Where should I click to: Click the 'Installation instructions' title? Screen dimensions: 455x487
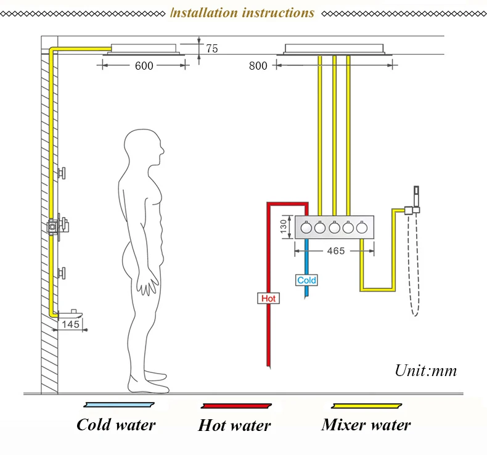point(242,13)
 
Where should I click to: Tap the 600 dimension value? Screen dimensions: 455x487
point(144,66)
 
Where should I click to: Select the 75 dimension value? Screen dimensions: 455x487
point(212,49)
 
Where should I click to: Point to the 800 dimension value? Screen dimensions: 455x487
point(258,65)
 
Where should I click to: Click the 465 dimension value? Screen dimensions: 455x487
point(335,251)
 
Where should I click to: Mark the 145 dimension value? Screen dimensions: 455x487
point(71,324)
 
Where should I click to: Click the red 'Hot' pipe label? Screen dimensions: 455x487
point(269,298)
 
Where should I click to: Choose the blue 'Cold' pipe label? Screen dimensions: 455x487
point(306,281)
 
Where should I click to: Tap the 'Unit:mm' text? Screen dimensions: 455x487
point(426,371)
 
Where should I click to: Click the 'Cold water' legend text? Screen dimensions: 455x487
point(116,424)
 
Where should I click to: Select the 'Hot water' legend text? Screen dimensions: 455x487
point(234,425)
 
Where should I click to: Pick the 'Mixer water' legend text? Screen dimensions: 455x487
point(366,424)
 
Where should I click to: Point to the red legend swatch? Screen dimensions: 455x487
point(236,406)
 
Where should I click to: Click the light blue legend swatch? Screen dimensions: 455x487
point(117,405)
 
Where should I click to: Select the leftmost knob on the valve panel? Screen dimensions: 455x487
point(306,228)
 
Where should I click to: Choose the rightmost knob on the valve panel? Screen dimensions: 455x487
point(362,228)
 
